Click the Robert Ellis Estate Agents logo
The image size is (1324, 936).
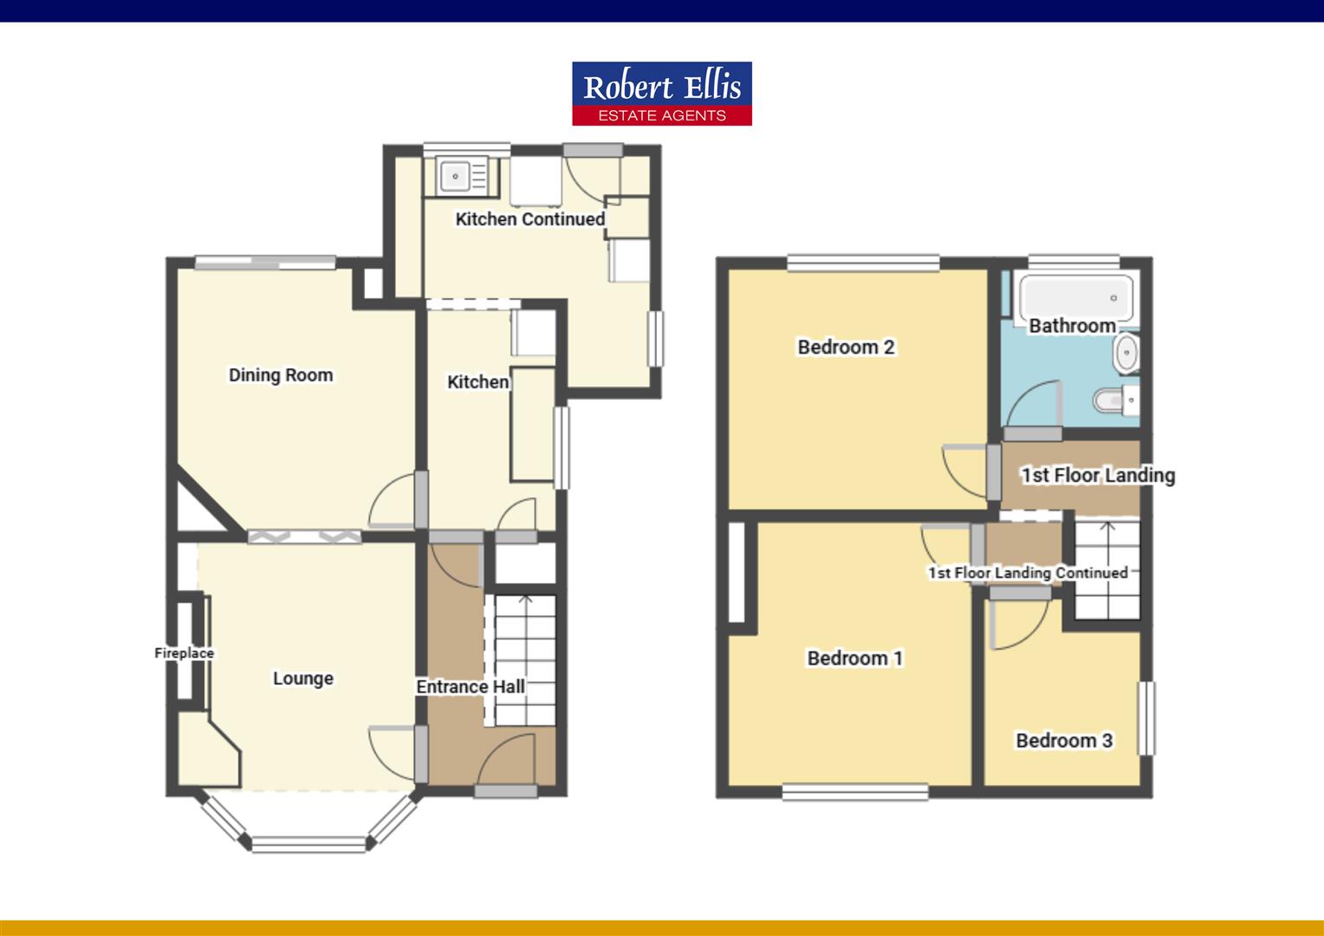click(662, 94)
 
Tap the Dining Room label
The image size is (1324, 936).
click(281, 375)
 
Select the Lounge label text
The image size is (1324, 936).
click(303, 679)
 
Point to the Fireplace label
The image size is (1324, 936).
click(184, 653)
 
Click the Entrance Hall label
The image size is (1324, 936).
click(471, 687)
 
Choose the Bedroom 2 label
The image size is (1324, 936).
click(846, 348)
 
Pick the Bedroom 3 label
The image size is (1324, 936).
click(1064, 741)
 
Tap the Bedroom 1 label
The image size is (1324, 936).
click(855, 659)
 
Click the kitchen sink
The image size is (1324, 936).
click(457, 176)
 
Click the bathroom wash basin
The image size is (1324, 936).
click(1126, 354)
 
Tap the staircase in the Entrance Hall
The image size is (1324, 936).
click(524, 659)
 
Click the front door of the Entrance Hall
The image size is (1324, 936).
click(506, 790)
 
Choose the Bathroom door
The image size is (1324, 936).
click(1032, 432)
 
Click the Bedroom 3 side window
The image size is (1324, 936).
click(1146, 718)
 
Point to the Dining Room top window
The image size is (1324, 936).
click(264, 262)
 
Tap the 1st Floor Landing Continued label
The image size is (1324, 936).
click(1028, 573)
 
